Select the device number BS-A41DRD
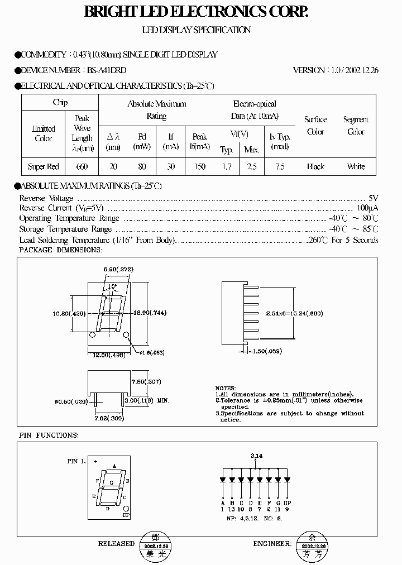(106, 70)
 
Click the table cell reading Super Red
(44, 166)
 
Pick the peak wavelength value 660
(82, 166)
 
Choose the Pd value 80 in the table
(142, 166)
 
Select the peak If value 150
(199, 166)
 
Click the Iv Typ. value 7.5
(280, 166)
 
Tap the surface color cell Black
(315, 166)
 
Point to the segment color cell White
(356, 166)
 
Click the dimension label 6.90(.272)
(118, 270)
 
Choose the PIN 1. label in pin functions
(76, 461)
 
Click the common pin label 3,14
(256, 456)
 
